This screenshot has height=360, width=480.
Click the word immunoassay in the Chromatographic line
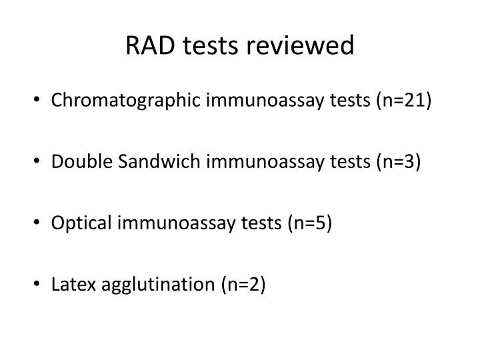pos(253,101)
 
